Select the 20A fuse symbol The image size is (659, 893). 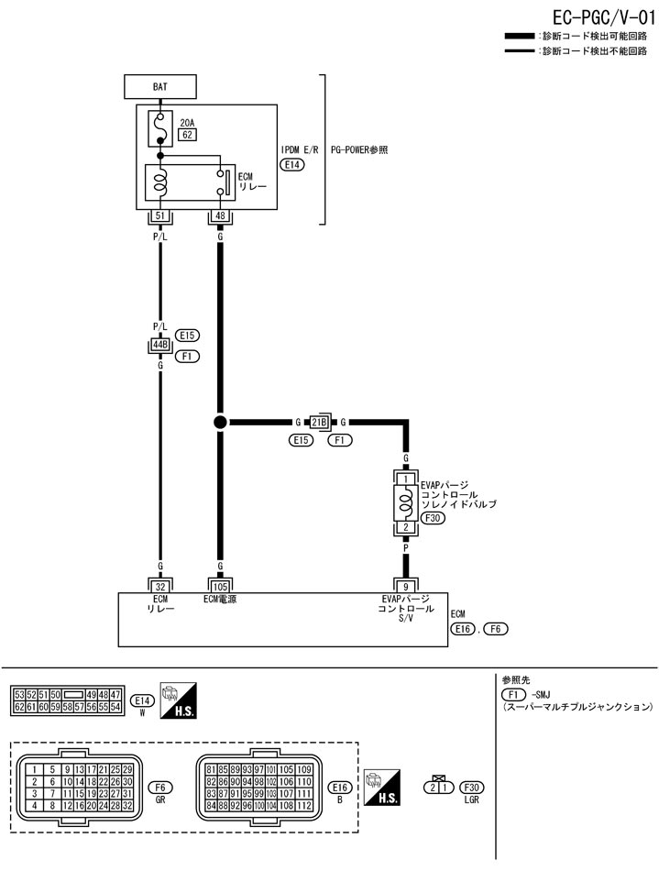coord(160,128)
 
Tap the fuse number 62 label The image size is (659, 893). coord(187,135)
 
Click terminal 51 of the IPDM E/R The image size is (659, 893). coord(160,216)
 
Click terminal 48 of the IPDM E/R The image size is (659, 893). coord(220,216)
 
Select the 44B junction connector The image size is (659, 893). coord(160,346)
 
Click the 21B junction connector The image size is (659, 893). coord(319,423)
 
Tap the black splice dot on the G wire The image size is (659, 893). coord(220,423)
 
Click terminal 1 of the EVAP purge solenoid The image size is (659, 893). coord(404,478)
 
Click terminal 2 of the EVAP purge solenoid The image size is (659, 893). coord(404,527)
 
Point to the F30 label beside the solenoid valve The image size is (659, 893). coord(434,518)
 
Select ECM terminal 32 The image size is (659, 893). coord(160,585)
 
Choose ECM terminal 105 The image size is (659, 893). coord(220,585)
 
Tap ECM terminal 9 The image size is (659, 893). coord(404,585)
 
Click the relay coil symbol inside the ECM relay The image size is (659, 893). coord(160,182)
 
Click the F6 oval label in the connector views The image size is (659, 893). coord(160,787)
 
